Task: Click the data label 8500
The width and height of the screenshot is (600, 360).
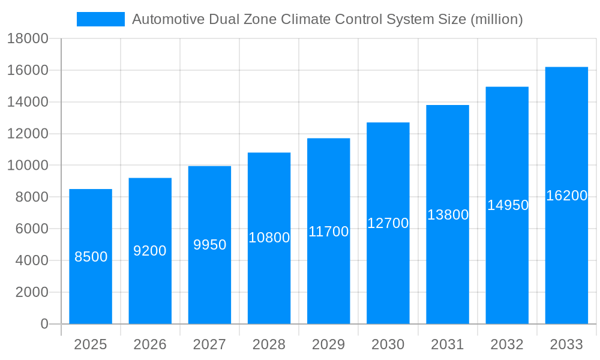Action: click(91, 257)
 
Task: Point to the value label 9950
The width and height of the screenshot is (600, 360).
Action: click(209, 245)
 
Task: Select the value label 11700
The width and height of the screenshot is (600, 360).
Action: click(328, 232)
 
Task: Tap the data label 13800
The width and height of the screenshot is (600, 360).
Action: click(448, 215)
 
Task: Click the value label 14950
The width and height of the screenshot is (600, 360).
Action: click(508, 205)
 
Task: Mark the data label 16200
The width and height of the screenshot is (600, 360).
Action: click(566, 196)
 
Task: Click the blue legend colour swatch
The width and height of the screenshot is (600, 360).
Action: click(100, 19)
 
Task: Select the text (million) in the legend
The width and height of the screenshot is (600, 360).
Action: click(496, 19)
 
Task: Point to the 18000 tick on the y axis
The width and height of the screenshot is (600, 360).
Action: click(28, 39)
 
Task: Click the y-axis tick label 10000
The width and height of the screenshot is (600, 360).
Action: click(28, 166)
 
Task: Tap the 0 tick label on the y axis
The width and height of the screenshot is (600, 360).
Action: click(44, 324)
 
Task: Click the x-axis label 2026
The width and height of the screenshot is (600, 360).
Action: click(150, 344)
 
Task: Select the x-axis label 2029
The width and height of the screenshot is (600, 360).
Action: click(328, 344)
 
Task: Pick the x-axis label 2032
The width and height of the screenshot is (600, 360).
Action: click(507, 344)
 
